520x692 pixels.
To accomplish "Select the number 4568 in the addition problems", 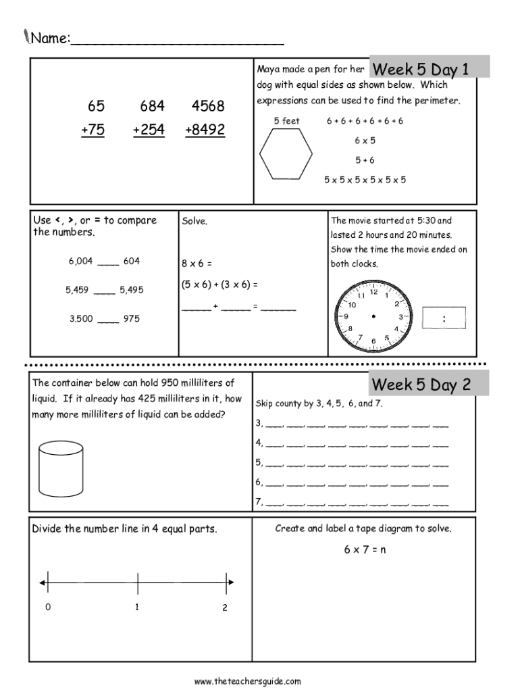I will point(208,107).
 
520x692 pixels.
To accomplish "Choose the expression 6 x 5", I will point(365,141).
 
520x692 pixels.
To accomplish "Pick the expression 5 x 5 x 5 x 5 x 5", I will point(365,180).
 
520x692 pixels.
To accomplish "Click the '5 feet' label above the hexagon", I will point(286,121).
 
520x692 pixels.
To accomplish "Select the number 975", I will point(131,318).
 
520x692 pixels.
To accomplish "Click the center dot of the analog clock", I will point(373,316).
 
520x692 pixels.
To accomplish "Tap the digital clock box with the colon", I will point(444,318).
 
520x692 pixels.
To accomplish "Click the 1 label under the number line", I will point(137,607).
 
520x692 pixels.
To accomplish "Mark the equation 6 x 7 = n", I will point(365,549).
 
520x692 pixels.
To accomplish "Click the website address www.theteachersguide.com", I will point(247,681).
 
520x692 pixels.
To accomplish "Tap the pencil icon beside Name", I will point(26,35).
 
